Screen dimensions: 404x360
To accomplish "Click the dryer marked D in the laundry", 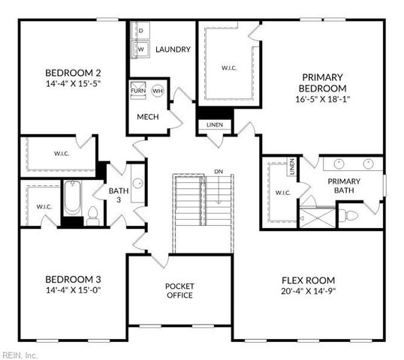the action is (140, 31).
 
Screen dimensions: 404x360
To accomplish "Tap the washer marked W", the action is (140, 49).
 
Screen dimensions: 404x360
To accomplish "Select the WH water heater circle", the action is (158, 91).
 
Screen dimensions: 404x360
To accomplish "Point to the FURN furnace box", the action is (138, 91).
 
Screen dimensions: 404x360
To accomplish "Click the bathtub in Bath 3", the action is (72, 198).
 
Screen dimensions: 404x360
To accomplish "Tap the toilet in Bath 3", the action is (92, 216).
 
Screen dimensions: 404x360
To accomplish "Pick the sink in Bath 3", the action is (138, 183).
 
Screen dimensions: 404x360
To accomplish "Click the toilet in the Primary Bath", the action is (348, 214).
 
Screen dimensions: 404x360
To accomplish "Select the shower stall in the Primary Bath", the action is (318, 218).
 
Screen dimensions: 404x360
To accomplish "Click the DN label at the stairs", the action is (219, 172).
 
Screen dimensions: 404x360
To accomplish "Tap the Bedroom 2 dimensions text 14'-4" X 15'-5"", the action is (73, 84).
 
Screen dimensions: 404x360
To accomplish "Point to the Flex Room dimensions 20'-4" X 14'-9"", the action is (309, 291).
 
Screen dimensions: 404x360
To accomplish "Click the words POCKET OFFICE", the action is (179, 291).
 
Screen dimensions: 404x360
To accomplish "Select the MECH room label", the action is (148, 117).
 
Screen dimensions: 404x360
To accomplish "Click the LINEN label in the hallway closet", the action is (215, 125).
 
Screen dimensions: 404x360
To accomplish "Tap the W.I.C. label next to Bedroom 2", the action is (62, 154).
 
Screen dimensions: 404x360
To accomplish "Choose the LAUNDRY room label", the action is (173, 49).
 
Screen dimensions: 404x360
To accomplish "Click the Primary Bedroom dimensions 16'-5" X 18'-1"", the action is (322, 99).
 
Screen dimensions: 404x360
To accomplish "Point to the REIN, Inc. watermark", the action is (19, 355).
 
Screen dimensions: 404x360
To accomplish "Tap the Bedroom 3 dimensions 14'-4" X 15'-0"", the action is (73, 290).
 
